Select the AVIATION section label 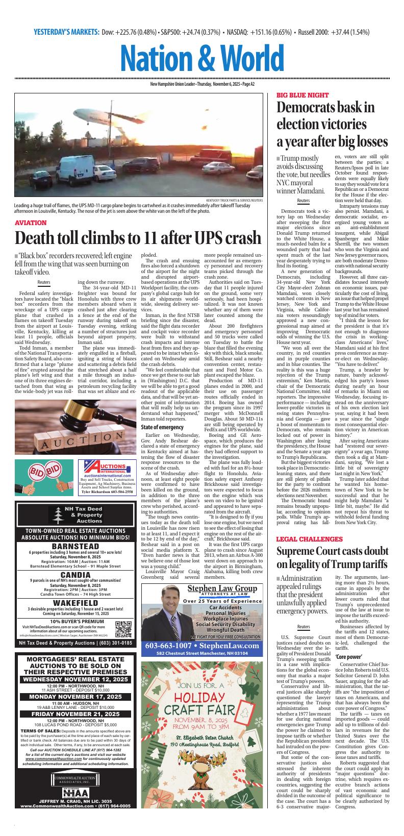click(38, 223)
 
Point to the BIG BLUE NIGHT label click(303, 95)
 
